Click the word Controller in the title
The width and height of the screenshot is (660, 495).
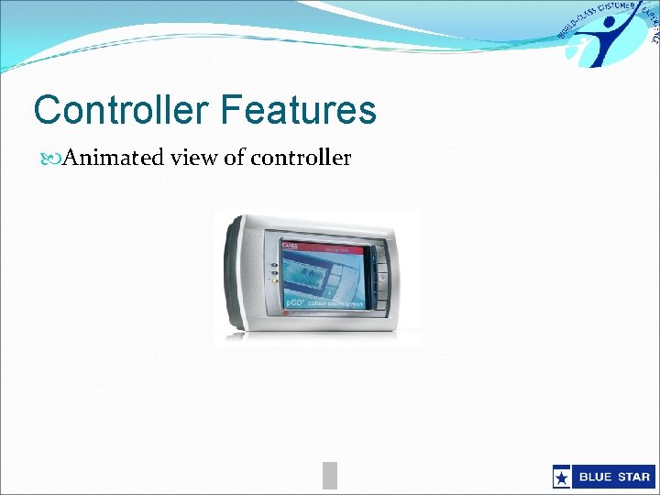(121, 111)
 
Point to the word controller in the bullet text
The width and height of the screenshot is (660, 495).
(301, 158)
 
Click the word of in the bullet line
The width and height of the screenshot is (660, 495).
(235, 158)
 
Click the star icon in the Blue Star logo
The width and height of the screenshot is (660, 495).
(561, 477)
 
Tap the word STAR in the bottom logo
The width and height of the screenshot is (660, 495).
(631, 477)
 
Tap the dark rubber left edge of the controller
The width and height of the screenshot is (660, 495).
(230, 275)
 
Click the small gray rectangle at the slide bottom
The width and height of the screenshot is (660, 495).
(330, 475)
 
